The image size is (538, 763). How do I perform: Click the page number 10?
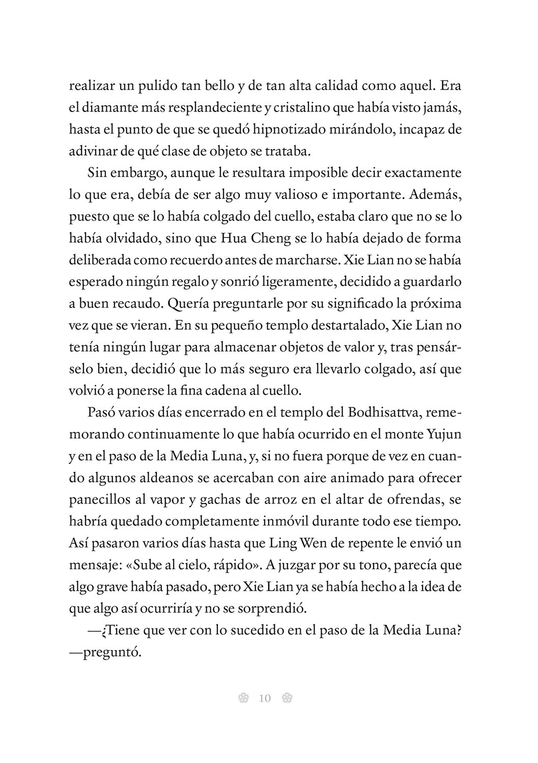[x=265, y=698]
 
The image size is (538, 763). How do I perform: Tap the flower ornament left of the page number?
[x=243, y=698]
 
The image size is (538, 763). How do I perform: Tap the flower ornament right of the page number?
[x=287, y=698]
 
